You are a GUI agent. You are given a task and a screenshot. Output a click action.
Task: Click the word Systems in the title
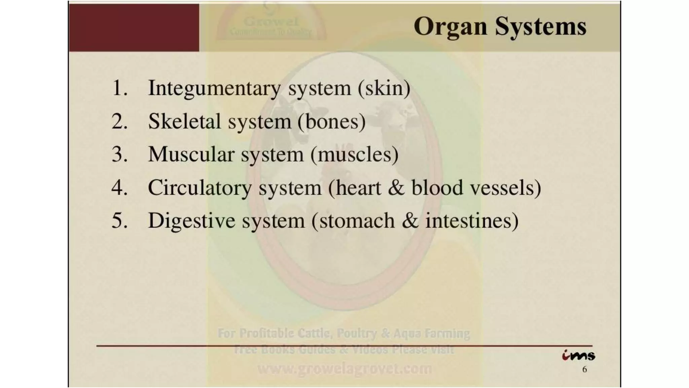[541, 26]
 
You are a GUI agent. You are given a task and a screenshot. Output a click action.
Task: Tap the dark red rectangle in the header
[134, 28]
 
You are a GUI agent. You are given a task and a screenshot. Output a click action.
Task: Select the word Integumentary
[214, 88]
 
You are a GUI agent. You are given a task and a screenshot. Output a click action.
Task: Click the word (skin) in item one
[384, 88]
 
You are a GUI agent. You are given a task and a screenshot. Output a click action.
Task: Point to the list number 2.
[119, 121]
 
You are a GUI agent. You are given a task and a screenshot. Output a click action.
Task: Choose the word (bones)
[331, 121]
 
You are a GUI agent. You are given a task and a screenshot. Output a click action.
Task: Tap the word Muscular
[191, 155]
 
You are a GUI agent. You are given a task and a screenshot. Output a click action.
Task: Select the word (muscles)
[354, 155]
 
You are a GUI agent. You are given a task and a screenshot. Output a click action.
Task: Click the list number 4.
[119, 188]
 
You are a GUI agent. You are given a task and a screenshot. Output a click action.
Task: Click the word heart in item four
[358, 188]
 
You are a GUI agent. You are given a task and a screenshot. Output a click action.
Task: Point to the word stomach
[357, 221]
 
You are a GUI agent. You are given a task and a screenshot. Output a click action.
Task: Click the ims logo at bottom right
[578, 355]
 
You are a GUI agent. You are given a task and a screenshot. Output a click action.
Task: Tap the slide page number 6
[584, 369]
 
